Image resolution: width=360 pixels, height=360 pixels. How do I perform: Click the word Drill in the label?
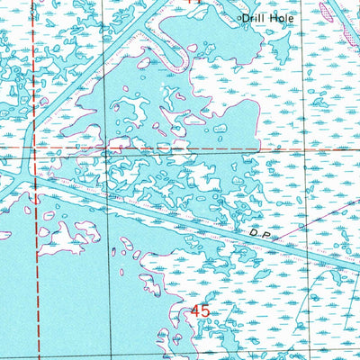pyautogui.click(x=256, y=17)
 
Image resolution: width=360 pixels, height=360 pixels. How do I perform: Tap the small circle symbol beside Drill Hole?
pyautogui.click(x=239, y=17)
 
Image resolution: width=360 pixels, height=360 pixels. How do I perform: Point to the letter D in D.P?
pyautogui.click(x=255, y=232)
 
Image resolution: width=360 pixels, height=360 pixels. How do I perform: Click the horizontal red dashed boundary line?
pyautogui.click(x=180, y=145)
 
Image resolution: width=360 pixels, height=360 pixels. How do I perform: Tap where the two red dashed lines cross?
pyautogui.click(x=36, y=145)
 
